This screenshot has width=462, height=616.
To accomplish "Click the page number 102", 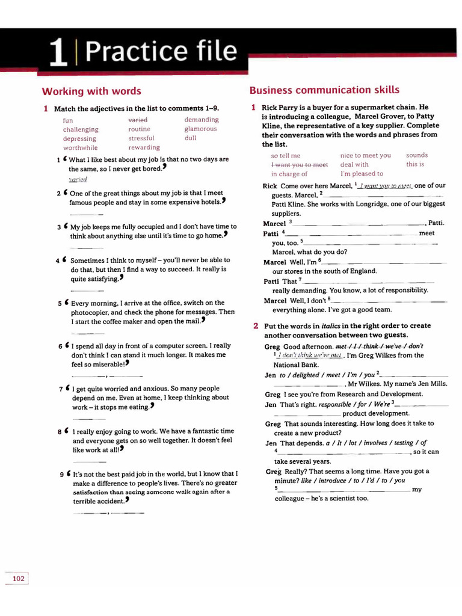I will [x=18, y=579].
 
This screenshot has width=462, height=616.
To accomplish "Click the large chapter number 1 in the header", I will [x=58, y=54].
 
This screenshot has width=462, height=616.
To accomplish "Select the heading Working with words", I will [x=91, y=91].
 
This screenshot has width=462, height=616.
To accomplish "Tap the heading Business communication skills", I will [x=324, y=90].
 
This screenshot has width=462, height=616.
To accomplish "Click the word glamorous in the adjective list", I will [x=200, y=129].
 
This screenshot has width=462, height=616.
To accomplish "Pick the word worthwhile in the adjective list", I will [x=80, y=147].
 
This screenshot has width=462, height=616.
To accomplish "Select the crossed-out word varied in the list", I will [x=138, y=120].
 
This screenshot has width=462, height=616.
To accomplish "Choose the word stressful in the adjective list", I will [x=141, y=138].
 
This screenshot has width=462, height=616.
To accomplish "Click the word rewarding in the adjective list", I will [x=144, y=147].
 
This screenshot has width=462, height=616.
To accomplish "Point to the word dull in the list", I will [x=191, y=138].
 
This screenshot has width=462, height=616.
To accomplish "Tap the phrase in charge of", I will [x=289, y=174].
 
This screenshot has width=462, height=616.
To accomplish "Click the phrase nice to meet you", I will [x=365, y=155].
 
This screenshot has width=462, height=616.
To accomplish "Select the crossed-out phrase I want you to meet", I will [x=300, y=164].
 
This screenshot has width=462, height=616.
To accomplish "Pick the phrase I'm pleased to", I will [x=362, y=174].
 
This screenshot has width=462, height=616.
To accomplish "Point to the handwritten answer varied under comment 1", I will [x=78, y=179].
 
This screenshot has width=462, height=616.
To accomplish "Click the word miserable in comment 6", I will [x=106, y=364].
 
